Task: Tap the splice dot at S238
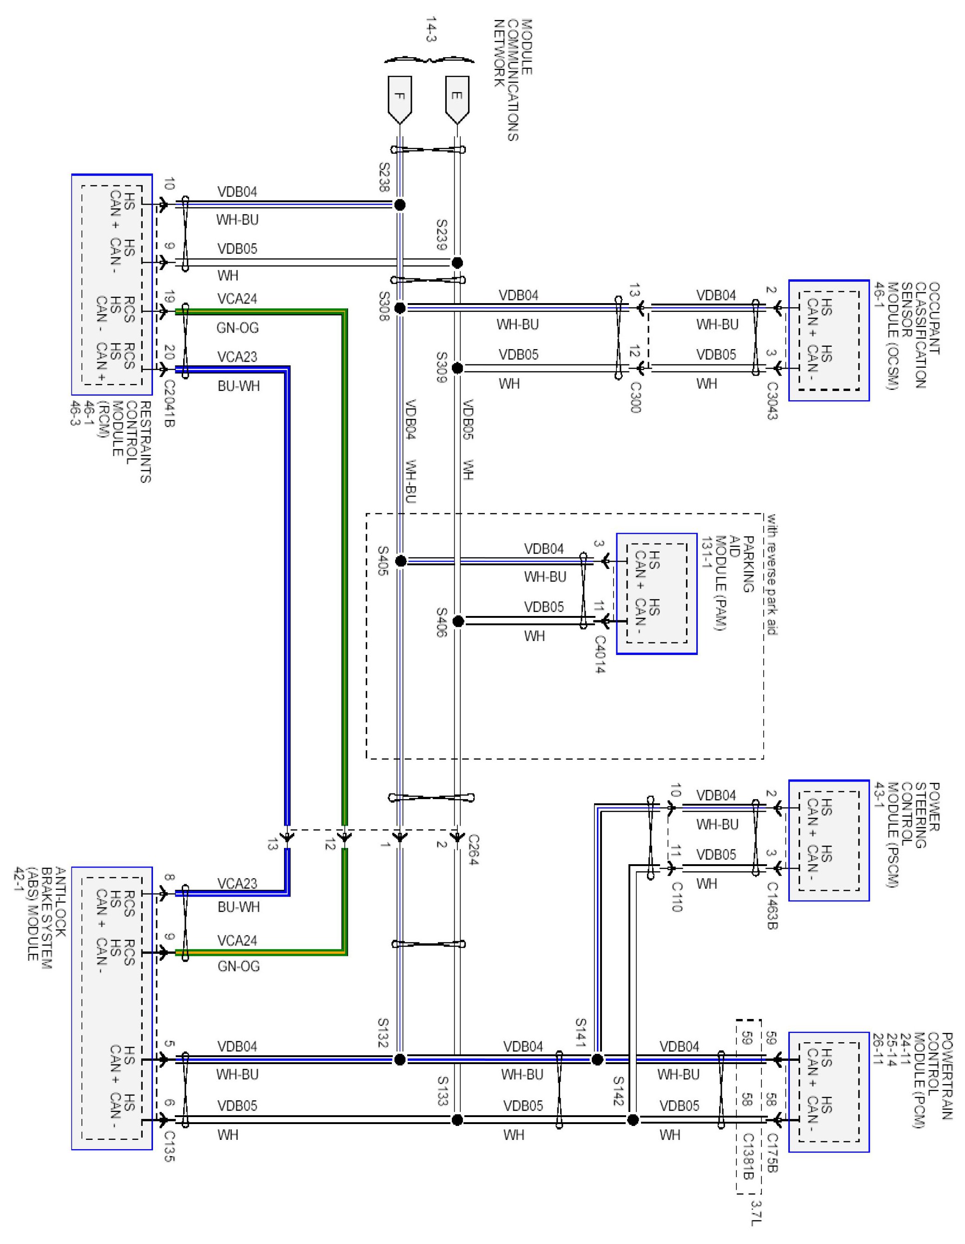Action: (400, 205)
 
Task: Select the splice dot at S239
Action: (457, 263)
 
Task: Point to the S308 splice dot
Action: (400, 308)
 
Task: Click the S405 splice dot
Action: (401, 561)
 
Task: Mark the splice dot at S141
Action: (597, 1059)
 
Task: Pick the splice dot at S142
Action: (632, 1120)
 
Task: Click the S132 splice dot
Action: (400, 1059)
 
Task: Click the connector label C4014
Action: (600, 654)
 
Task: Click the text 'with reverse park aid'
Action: (772, 574)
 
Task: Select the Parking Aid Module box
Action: (656, 594)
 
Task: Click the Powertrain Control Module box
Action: (828, 1092)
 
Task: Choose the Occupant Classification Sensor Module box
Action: (828, 340)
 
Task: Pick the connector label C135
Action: (169, 1145)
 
